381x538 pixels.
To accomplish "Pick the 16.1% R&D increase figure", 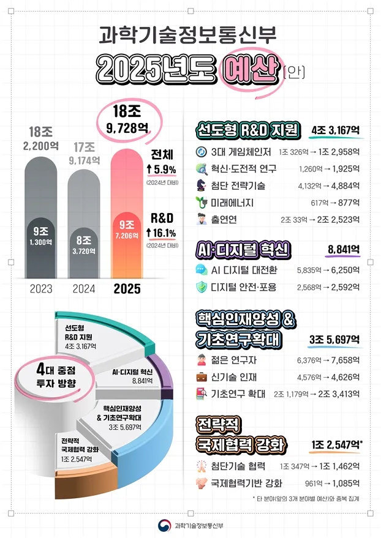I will pyautogui.click(x=164, y=233).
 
